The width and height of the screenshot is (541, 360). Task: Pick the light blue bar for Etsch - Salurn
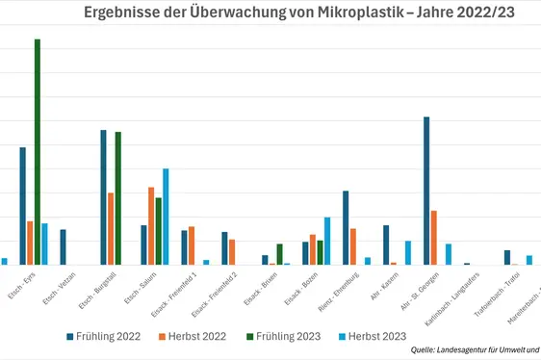click(166, 217)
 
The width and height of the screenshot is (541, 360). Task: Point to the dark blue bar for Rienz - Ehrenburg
click(346, 227)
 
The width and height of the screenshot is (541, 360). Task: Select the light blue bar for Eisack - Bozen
click(327, 241)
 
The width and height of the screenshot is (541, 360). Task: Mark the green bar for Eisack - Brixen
click(279, 254)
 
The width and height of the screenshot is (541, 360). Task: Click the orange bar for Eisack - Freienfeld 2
click(232, 252)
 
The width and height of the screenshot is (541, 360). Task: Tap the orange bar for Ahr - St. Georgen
click(434, 237)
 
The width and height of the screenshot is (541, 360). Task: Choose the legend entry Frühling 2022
click(102, 336)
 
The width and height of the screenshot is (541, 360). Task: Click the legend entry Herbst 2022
click(193, 336)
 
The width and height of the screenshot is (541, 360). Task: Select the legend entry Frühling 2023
click(286, 336)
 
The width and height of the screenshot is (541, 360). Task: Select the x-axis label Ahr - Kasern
click(384, 286)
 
